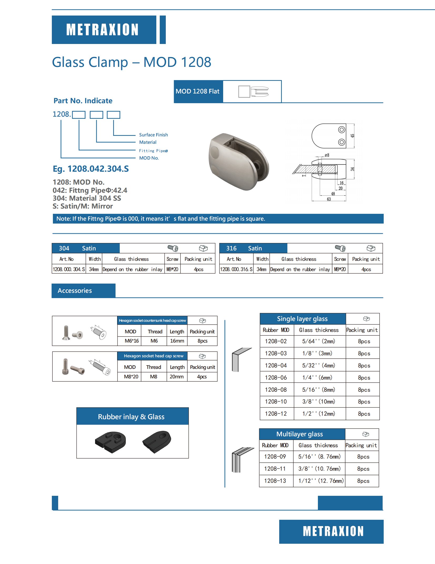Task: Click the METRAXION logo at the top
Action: tap(102, 29)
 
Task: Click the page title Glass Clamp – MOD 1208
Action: tap(131, 62)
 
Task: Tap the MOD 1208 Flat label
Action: tap(198, 91)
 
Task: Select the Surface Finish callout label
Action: tap(153, 135)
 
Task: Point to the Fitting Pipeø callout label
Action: tap(153, 151)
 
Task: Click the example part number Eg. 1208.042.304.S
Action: tap(91, 169)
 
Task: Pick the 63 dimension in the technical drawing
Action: tap(329, 199)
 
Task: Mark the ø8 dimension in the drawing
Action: tap(327, 155)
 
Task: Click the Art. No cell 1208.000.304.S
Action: tap(69, 269)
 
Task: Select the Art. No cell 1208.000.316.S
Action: tap(236, 269)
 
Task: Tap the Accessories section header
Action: tap(75, 291)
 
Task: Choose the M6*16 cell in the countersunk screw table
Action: tap(132, 341)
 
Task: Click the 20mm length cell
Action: tap(177, 377)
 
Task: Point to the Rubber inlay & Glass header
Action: tap(131, 417)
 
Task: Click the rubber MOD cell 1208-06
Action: tap(276, 378)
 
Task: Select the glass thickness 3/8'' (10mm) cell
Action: tap(319, 402)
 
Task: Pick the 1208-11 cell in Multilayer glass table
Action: tap(275, 469)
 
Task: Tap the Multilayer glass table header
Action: tap(299, 434)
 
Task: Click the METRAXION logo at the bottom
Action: tap(333, 531)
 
